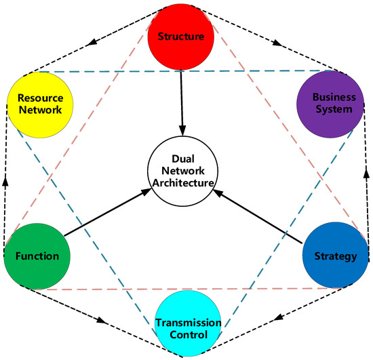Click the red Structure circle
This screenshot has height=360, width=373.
pos(181,37)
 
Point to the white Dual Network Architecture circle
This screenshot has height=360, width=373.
pos(181,172)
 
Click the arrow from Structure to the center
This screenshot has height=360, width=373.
pos(181,102)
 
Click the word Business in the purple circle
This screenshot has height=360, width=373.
pos(326,98)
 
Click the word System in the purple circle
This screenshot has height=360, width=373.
pos(326,110)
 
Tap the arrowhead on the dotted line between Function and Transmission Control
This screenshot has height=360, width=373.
pos(104,320)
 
